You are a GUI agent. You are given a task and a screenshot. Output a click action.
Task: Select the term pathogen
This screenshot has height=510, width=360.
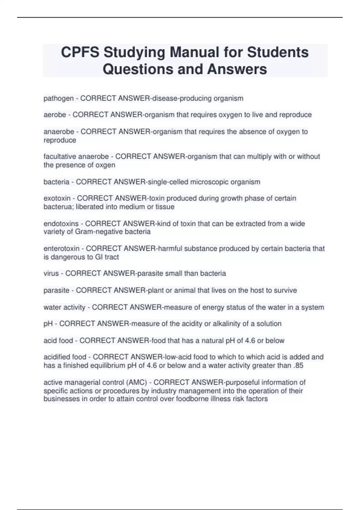click(58, 98)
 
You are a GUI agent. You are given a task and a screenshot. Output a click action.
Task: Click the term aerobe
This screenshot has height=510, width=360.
click(55, 115)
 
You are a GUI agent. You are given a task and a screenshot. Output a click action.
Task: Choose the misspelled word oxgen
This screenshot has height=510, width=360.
click(105, 165)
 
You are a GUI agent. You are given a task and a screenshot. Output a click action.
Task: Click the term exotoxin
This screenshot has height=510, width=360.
click(57, 198)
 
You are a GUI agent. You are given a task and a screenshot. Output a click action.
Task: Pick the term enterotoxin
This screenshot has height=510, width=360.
click(61, 248)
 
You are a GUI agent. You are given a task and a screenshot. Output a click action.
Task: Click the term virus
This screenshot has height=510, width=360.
click(51, 274)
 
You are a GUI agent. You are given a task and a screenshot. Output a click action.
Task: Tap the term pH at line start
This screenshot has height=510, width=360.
click(48, 324)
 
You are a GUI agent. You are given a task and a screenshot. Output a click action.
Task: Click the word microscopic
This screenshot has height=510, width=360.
click(209, 182)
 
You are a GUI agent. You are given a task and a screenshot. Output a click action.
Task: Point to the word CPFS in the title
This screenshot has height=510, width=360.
click(80, 52)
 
